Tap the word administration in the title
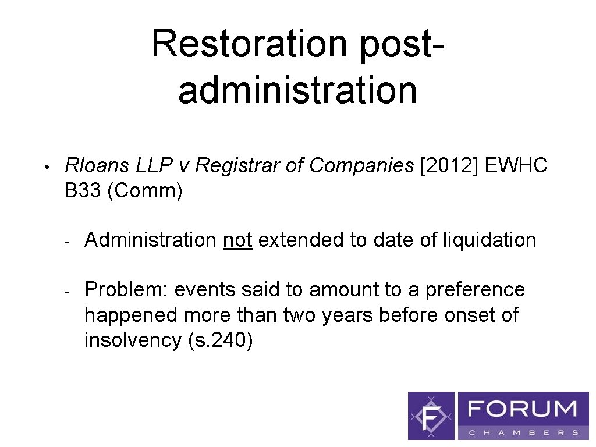(297, 91)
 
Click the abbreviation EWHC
(517, 166)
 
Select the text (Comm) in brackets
(146, 191)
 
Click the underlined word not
(237, 240)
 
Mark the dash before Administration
(67, 241)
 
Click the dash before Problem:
(67, 290)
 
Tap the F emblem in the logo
(431, 416)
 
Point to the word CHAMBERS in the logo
(523, 432)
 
